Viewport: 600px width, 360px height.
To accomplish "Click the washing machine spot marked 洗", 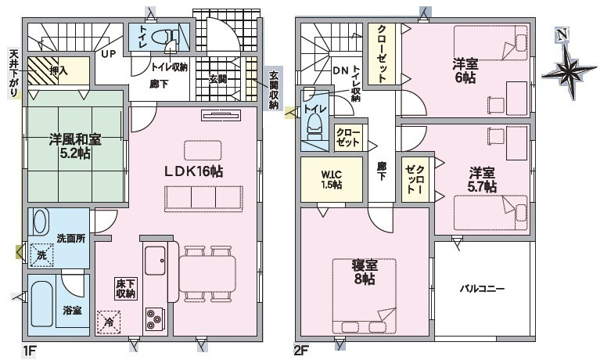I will [x=41, y=253].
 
